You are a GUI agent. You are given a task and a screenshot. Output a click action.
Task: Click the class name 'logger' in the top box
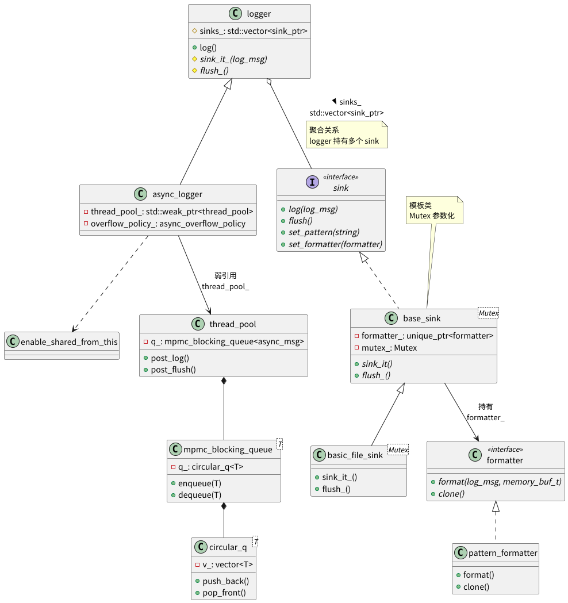pyautogui.click(x=259, y=14)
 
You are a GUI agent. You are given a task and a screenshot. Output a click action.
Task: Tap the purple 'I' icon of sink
pyautogui.click(x=312, y=182)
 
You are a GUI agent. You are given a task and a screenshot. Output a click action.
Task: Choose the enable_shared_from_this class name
pyautogui.click(x=69, y=341)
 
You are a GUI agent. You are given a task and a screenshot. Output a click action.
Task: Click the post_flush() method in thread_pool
pyautogui.click(x=173, y=369)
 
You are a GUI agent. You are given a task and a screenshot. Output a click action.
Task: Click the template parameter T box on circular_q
pyautogui.click(x=255, y=541)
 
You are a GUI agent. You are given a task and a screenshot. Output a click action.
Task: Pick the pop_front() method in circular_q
pyautogui.click(x=224, y=593)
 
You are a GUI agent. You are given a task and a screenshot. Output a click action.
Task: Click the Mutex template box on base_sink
pyautogui.click(x=488, y=313)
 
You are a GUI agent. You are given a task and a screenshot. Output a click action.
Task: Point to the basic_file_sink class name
pyautogui.click(x=355, y=455)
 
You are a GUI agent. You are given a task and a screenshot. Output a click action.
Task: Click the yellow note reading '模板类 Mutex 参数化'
pyautogui.click(x=435, y=210)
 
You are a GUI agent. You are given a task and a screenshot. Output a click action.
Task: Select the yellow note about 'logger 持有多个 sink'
pyautogui.click(x=347, y=135)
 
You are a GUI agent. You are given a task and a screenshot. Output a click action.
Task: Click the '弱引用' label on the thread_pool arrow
pyautogui.click(x=225, y=275)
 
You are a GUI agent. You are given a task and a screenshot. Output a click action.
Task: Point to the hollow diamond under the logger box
pyautogui.click(x=269, y=83)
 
